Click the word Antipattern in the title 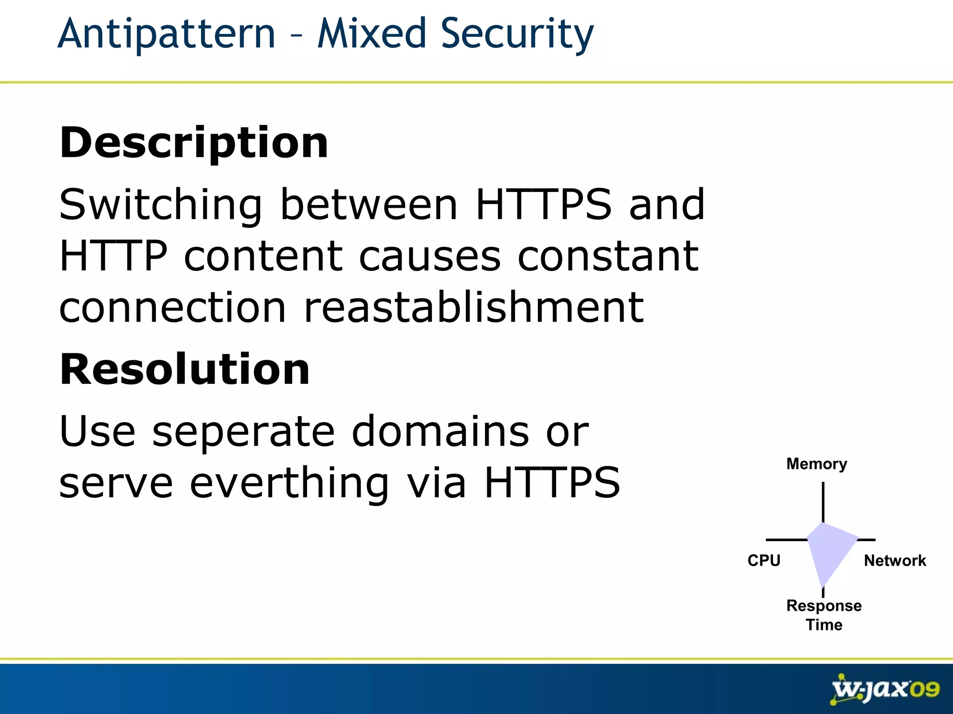click(167, 33)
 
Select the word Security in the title click(517, 33)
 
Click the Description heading click(194, 142)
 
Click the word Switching click(161, 205)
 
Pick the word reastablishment click(473, 307)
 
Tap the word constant click(608, 256)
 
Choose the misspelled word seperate click(243, 432)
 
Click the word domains click(440, 432)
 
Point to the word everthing click(289, 483)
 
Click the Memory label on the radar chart click(817, 464)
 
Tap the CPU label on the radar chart click(764, 561)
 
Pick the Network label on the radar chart click(895, 561)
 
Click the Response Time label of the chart click(824, 615)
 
